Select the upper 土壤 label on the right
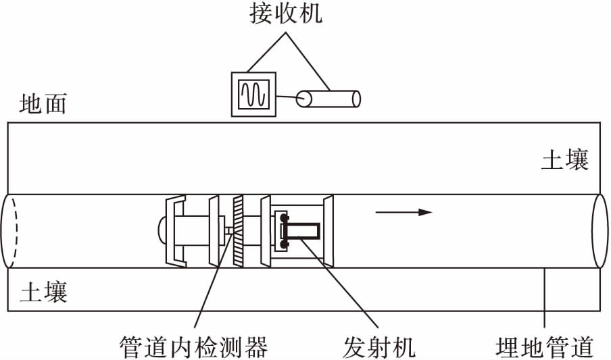(x=565, y=160)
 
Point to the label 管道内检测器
(x=193, y=346)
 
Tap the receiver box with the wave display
(x=253, y=94)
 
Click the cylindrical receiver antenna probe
(x=330, y=99)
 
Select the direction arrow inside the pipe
(x=404, y=212)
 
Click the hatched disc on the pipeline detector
(x=237, y=230)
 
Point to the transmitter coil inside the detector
(x=301, y=232)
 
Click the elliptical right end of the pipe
(x=600, y=231)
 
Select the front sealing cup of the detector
(x=329, y=231)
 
